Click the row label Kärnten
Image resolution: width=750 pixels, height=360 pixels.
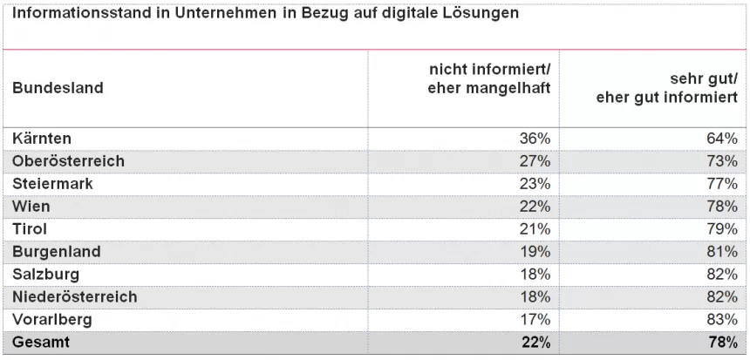pyautogui.click(x=42, y=139)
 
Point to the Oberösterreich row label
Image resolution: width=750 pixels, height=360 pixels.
pyautogui.click(x=68, y=161)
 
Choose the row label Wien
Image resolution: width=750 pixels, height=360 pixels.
pyautogui.click(x=31, y=207)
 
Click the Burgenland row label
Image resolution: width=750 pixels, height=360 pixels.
pyautogui.click(x=56, y=252)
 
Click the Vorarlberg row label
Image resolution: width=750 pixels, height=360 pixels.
pyautogui.click(x=52, y=320)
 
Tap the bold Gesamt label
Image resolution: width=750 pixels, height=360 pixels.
pyautogui.click(x=41, y=343)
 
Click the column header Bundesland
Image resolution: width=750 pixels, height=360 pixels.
pyautogui.click(x=58, y=87)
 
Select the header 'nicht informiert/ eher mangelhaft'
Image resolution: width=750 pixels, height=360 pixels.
pyautogui.click(x=494, y=78)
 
